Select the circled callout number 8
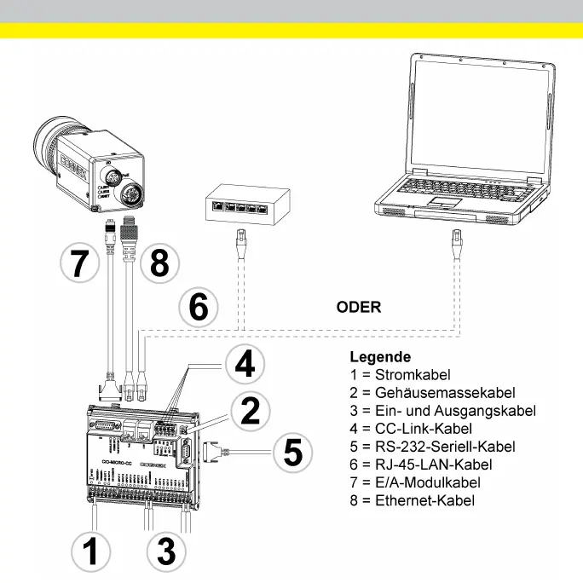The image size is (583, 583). pyautogui.click(x=159, y=263)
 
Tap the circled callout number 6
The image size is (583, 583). pyautogui.click(x=198, y=307)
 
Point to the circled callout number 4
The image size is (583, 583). pyautogui.click(x=244, y=365)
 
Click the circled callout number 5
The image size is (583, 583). pyautogui.click(x=292, y=452)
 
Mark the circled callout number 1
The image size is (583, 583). pyautogui.click(x=90, y=551)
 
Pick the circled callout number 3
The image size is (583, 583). pyautogui.click(x=166, y=551)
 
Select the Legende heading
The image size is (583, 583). pyautogui.click(x=380, y=357)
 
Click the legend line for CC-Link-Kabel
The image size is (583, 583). pyautogui.click(x=413, y=429)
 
